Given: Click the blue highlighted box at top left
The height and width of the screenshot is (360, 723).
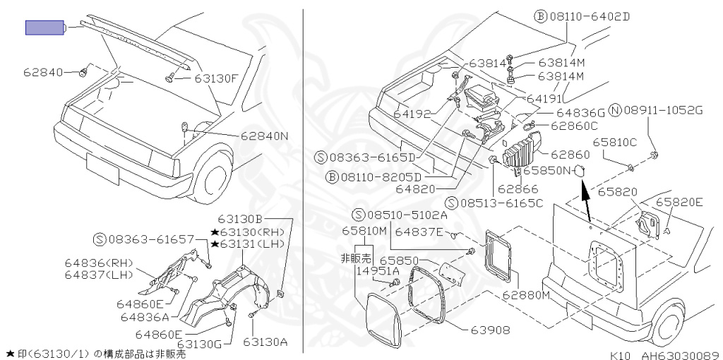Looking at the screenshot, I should [x=44, y=28].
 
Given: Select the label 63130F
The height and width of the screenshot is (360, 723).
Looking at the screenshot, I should [x=216, y=78].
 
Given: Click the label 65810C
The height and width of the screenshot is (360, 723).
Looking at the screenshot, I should [x=614, y=141].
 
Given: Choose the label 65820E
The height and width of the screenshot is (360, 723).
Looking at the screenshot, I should [x=679, y=202].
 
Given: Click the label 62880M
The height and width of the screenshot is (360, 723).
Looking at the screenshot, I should [x=525, y=295].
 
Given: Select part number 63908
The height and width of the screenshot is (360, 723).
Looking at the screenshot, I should [x=482, y=329].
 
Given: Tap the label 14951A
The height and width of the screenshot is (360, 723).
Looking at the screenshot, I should [x=377, y=270].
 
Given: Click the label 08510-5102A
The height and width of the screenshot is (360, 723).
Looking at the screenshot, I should [x=406, y=215].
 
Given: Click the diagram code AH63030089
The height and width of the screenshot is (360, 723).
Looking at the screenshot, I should [x=679, y=355].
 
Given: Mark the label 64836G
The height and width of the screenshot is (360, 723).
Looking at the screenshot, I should [x=580, y=113].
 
